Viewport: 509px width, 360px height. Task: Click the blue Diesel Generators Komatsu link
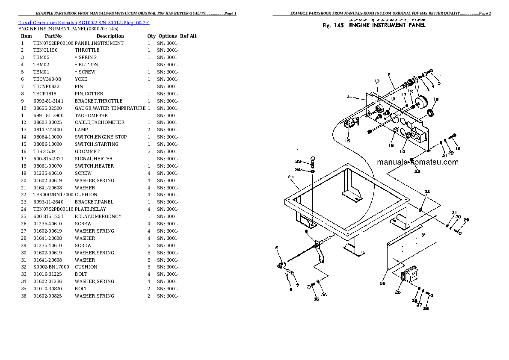click(x=84, y=22)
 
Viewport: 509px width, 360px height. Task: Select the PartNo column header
click(x=53, y=36)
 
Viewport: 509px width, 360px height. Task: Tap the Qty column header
click(x=151, y=36)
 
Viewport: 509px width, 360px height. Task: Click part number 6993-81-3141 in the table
click(x=47, y=101)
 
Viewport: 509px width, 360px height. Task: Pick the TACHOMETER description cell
click(x=91, y=115)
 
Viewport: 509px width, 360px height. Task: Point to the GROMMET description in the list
click(x=87, y=151)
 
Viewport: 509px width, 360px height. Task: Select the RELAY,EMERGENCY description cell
click(x=98, y=216)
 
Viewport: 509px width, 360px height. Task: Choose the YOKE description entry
click(x=81, y=80)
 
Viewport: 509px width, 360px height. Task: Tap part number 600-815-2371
click(x=47, y=159)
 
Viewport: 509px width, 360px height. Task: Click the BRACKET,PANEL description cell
click(x=94, y=202)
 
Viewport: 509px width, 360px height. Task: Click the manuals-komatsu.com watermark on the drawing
click(x=417, y=162)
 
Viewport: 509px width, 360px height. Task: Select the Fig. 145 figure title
click(x=374, y=25)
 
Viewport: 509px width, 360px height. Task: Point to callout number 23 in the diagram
click(x=290, y=177)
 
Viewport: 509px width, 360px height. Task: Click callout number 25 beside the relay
click(x=397, y=292)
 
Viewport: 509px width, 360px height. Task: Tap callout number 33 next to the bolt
click(x=298, y=161)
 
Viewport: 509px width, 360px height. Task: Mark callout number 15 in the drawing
click(x=347, y=141)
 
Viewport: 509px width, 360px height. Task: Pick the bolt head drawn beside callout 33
click(x=312, y=160)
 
